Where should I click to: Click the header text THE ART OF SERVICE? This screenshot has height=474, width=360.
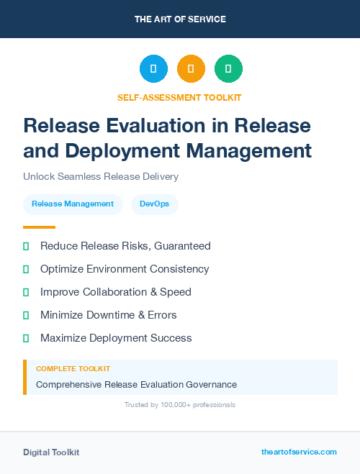[x=180, y=19]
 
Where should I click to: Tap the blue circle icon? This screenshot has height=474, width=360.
[x=153, y=69]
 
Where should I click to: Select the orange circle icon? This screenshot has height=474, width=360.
[x=191, y=69]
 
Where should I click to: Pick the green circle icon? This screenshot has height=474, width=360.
[x=228, y=69]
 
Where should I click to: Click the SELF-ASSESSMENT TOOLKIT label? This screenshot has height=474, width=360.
[x=180, y=97]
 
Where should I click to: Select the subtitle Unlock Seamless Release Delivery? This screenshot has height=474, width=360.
[x=101, y=176]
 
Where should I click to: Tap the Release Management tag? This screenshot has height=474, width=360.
[x=73, y=204]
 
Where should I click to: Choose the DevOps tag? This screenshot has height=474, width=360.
[x=155, y=204]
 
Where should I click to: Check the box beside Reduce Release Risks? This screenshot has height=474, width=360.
[x=26, y=246]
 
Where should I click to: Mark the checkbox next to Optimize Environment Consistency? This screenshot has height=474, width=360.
[x=26, y=269]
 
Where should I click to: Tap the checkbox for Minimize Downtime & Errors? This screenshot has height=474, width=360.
[x=26, y=315]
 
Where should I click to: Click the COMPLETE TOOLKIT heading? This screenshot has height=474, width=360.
[x=71, y=368]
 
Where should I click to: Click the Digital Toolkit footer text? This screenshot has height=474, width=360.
[x=51, y=452]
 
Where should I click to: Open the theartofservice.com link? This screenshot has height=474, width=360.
[x=299, y=452]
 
